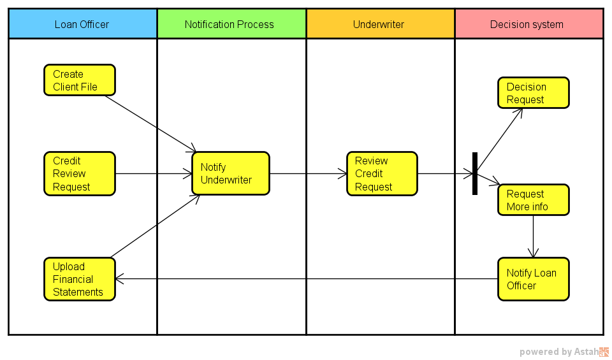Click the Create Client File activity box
[80, 80]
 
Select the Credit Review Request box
[80, 173]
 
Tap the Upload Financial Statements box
[80, 279]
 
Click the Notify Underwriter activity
[231, 173]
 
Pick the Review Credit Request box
[382, 173]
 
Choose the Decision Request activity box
[534, 93]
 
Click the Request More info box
[534, 199]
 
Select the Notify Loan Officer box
[534, 279]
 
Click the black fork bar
[475, 173]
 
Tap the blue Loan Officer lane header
[83, 24]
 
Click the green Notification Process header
[232, 24]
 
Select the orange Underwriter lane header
[381, 24]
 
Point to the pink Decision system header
[529, 24]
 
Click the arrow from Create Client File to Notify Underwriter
[151, 124]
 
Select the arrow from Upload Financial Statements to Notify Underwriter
[156, 226]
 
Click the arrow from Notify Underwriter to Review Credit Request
[309, 173]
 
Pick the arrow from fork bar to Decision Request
[500, 140]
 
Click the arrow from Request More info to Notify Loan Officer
[534, 236]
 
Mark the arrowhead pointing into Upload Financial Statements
[119, 279]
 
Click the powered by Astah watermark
[564, 352]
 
